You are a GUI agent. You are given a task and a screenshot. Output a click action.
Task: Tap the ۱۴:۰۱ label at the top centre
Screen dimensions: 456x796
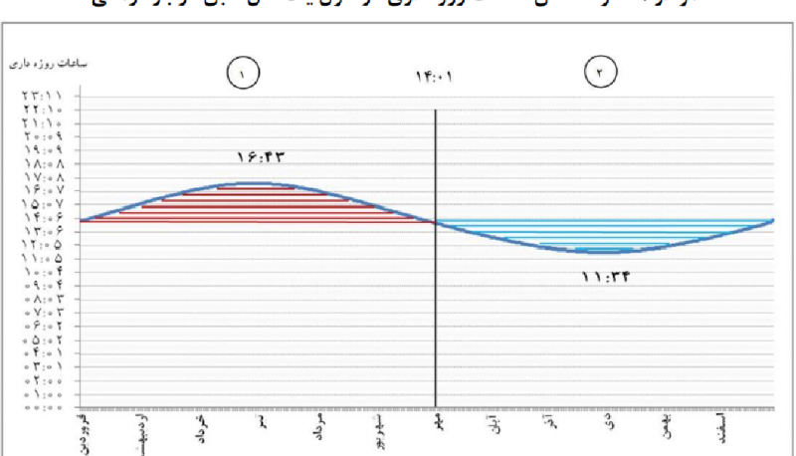click(x=435, y=76)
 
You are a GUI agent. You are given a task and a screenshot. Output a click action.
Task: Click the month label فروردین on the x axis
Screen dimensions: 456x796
click(x=84, y=429)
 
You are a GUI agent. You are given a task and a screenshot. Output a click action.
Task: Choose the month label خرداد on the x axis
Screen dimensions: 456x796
click(x=202, y=431)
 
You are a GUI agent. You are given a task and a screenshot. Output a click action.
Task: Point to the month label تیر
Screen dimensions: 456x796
click(x=262, y=424)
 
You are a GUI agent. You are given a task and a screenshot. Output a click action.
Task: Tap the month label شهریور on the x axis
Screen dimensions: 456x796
click(x=379, y=430)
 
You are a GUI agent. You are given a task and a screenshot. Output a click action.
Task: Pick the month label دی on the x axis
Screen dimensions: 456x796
click(x=610, y=422)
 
